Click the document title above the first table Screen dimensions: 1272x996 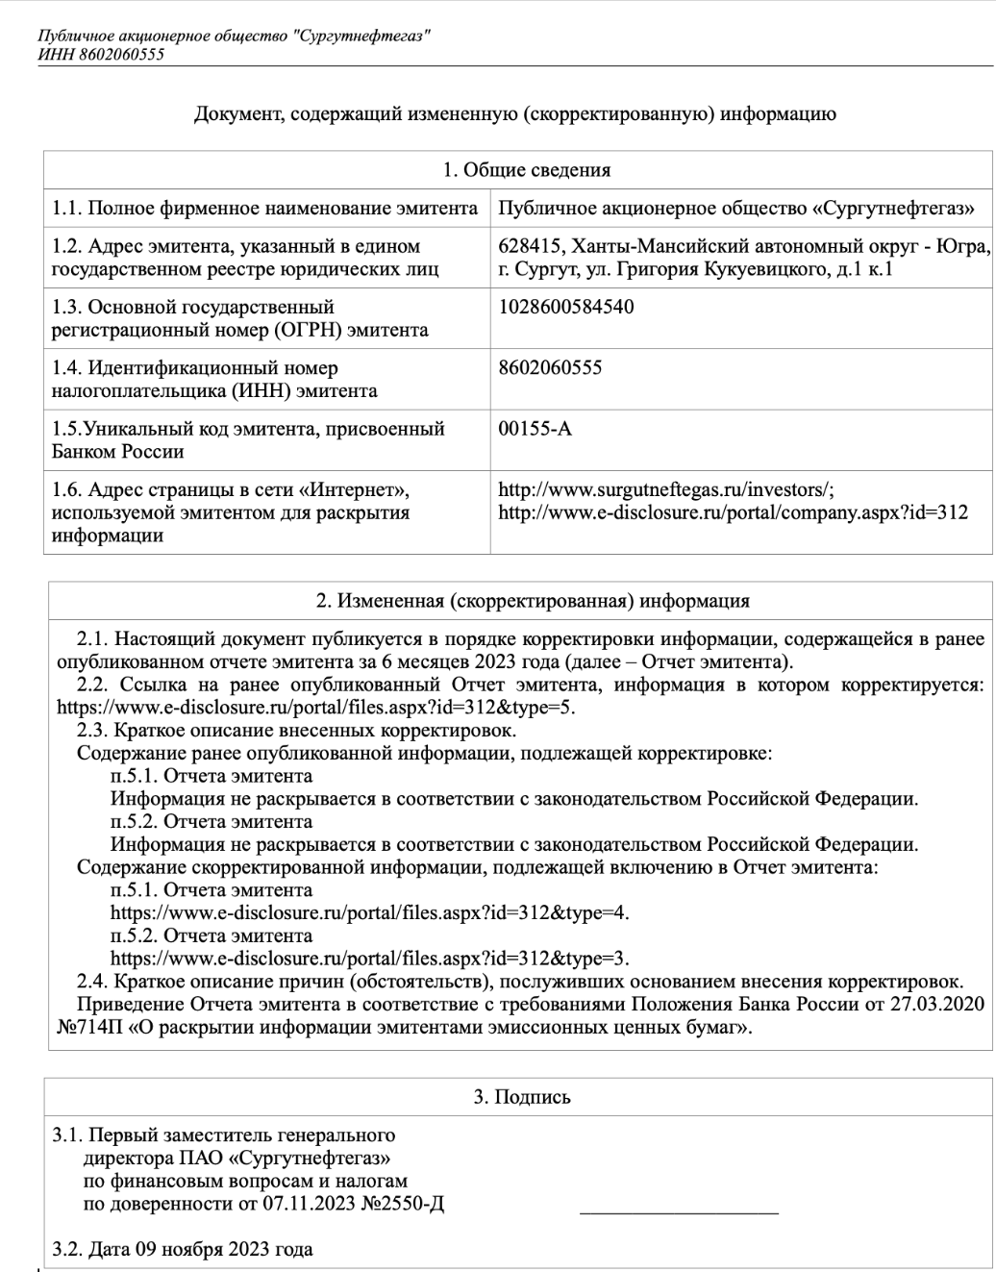click(x=515, y=114)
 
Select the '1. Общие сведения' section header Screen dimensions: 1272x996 click(x=526, y=171)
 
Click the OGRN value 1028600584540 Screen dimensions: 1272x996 click(x=566, y=308)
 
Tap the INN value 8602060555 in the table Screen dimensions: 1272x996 click(x=551, y=367)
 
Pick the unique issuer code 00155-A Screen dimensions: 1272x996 click(x=535, y=428)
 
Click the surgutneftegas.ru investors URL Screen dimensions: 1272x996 click(x=672, y=489)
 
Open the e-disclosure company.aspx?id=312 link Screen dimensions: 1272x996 click(x=733, y=512)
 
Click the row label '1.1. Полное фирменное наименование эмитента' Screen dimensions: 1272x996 click(x=264, y=209)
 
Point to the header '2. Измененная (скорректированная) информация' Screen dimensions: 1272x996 click(x=533, y=602)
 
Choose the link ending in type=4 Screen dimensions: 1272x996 click(x=370, y=912)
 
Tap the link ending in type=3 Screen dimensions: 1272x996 click(x=370, y=959)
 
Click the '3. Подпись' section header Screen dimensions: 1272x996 click(x=522, y=1097)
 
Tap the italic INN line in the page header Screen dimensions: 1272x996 click(x=101, y=54)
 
